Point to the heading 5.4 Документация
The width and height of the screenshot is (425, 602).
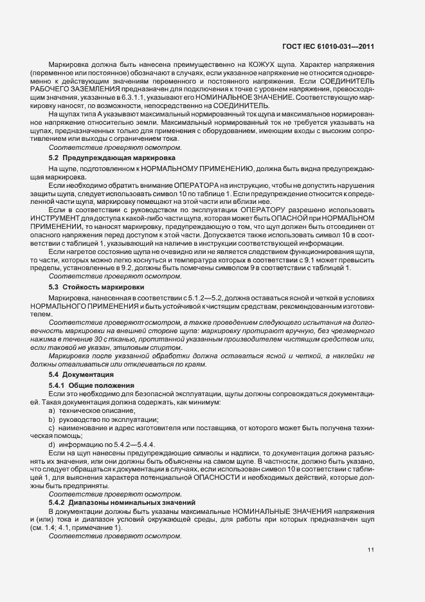[82, 374]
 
